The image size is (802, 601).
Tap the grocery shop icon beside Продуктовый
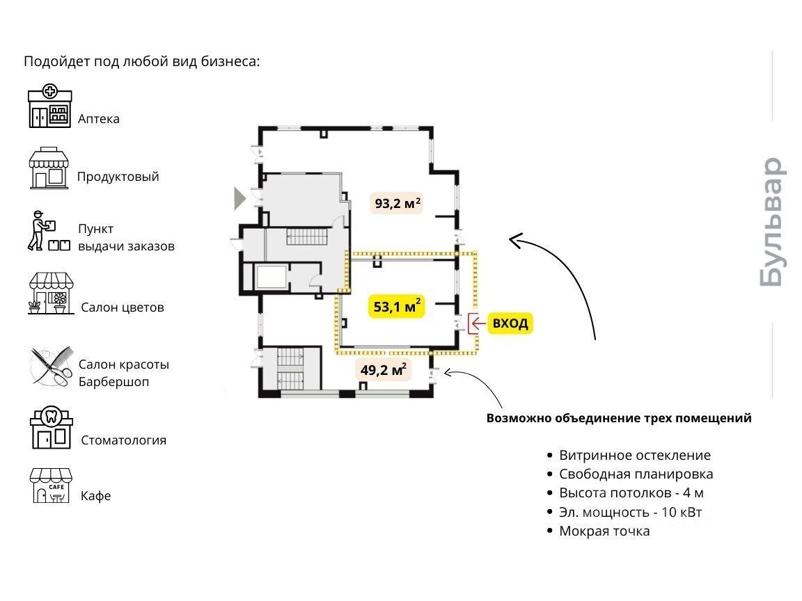[49, 168]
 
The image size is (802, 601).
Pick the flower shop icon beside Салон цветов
[51, 294]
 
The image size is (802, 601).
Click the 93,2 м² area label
[398, 203]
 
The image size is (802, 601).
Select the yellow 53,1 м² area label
[395, 306]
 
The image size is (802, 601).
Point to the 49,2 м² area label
[384, 369]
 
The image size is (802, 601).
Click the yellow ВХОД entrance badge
[510, 323]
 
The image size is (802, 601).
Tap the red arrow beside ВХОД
[477, 323]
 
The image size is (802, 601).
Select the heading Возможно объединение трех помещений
[619, 418]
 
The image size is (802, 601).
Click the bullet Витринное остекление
[634, 455]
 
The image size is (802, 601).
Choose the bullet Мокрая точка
[604, 531]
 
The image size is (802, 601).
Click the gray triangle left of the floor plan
[239, 198]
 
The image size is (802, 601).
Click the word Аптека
[99, 118]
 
